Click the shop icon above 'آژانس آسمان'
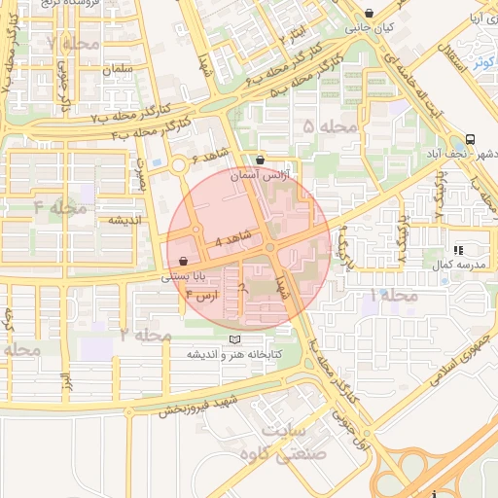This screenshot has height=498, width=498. point(260,160)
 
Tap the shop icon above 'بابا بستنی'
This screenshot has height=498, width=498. point(184,261)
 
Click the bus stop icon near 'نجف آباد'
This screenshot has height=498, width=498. point(471,139)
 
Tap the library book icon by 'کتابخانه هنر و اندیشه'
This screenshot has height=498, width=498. point(232,338)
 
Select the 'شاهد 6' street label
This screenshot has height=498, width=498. point(208,157)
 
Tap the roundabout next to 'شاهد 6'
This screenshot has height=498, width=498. point(178,166)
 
